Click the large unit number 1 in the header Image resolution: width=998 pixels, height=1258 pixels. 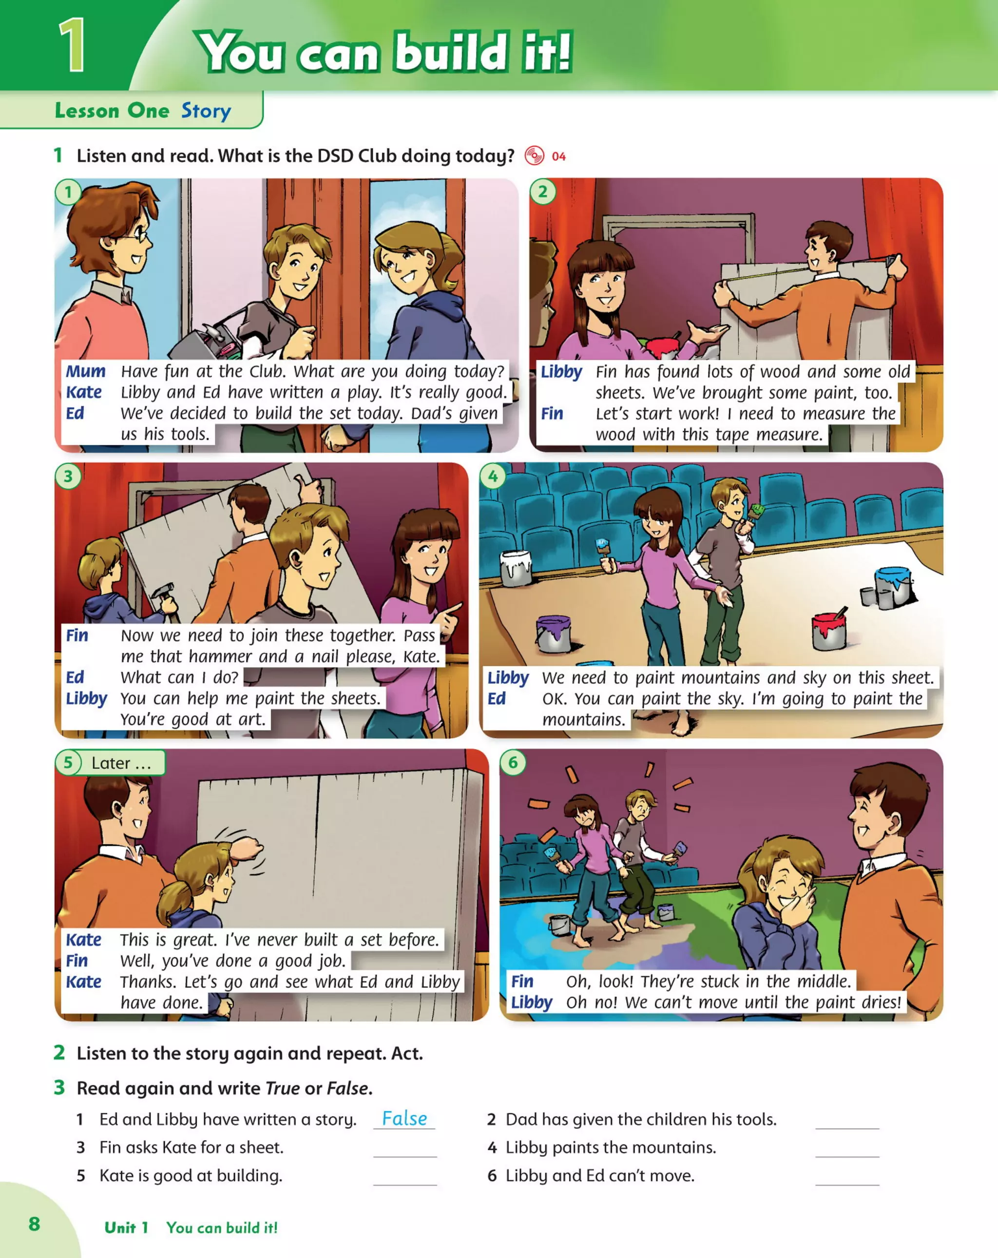tap(73, 45)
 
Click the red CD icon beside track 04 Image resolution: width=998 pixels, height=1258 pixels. tap(534, 156)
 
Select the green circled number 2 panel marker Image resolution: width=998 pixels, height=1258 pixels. tap(543, 191)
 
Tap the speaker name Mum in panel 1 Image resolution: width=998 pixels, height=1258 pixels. tap(85, 371)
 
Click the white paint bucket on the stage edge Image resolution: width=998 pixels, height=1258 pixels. tap(516, 567)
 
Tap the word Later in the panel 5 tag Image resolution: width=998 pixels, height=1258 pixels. tap(111, 762)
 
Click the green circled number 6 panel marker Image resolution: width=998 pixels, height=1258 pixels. tap(513, 762)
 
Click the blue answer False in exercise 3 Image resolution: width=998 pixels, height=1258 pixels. tap(404, 1119)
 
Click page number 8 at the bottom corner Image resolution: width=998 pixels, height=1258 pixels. tap(35, 1223)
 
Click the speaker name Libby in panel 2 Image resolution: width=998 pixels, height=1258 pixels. tap(561, 372)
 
